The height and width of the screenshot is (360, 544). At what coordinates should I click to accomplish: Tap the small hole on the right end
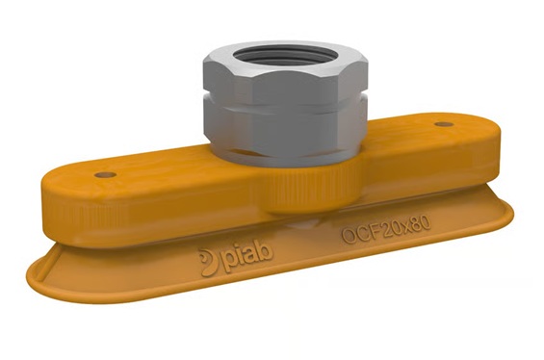[x=443, y=125]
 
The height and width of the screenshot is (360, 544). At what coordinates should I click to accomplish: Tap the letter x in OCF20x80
[x=402, y=231]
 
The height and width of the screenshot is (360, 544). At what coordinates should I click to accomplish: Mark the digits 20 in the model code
[x=386, y=232]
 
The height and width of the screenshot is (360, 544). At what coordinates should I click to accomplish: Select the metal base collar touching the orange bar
[x=289, y=154]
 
